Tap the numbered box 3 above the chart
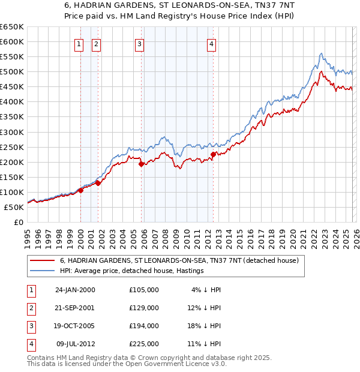139,43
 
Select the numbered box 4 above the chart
212,43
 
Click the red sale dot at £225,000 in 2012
213,154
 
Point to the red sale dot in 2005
142,164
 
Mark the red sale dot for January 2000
80,190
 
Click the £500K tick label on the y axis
11,71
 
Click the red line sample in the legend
43,261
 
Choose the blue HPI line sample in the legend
43,271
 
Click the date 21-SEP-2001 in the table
75,308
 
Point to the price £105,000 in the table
144,290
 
